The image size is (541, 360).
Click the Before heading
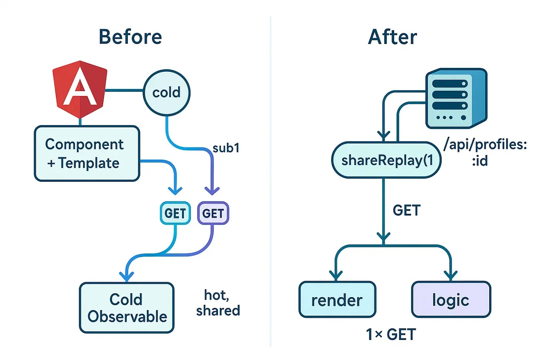tap(131, 37)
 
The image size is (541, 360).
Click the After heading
tap(393, 37)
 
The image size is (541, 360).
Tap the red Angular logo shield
tap(80, 89)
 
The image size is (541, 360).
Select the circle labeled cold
tap(167, 93)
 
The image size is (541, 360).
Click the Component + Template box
tap(87, 153)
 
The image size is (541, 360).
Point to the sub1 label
tap(226, 148)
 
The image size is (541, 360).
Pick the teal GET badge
tap(175, 213)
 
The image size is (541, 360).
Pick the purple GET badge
tap(213, 213)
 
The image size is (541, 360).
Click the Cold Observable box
tap(127, 308)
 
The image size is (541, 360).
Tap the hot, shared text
tap(218, 303)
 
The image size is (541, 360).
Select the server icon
tap(456, 98)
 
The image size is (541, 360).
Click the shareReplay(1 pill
tap(386, 160)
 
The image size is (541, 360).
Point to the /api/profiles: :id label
tap(485, 153)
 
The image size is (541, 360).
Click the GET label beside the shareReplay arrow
tap(407, 210)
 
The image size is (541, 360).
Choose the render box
tap(337, 299)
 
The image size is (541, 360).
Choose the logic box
tap(451, 299)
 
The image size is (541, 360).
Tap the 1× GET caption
tap(391, 335)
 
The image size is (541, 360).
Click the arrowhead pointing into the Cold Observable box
tap(127, 277)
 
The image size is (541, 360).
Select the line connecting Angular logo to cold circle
tap(124, 90)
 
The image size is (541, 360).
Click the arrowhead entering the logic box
tap(451, 276)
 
